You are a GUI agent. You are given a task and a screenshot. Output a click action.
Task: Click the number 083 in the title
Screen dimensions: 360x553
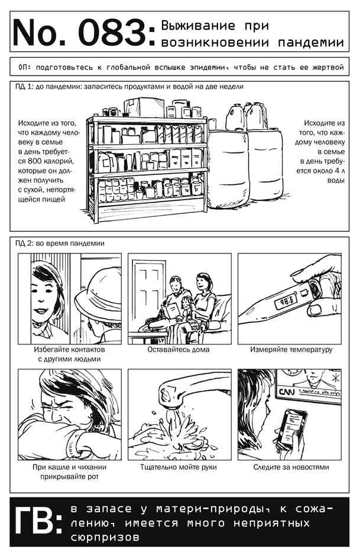[112, 33]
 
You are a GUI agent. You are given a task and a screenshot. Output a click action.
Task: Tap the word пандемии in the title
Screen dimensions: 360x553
[311, 43]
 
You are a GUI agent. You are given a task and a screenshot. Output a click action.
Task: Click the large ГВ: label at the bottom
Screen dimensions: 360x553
[38, 522]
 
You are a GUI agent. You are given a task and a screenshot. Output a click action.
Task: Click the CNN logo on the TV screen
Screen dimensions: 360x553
[287, 392]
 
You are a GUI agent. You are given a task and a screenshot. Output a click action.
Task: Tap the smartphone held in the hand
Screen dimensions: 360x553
[290, 428]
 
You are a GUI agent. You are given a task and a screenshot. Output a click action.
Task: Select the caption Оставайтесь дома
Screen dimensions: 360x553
[179, 350]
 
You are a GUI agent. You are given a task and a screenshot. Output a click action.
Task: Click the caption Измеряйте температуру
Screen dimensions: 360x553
[291, 350]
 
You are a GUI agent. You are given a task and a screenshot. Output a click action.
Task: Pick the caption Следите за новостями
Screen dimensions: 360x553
[291, 467]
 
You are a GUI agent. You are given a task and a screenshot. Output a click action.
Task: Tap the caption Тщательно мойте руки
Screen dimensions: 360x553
[179, 467]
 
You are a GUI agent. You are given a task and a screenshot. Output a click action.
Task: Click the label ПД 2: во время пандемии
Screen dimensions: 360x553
[60, 243]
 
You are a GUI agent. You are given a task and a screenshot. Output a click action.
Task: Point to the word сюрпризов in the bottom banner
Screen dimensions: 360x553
[105, 537]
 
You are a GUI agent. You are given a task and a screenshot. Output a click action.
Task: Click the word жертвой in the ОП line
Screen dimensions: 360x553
[328, 67]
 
